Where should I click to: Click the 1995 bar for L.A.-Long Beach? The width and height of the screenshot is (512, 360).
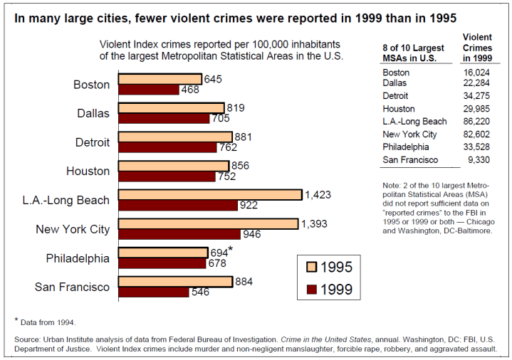210,194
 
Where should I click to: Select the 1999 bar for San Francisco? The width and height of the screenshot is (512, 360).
154,292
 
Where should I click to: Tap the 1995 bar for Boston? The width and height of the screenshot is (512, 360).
160,78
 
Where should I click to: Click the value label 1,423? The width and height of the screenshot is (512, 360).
318,194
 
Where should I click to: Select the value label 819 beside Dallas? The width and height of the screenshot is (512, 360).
236,108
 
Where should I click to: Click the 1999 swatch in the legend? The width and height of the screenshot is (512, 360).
311,290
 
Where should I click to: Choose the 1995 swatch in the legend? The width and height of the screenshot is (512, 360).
311,268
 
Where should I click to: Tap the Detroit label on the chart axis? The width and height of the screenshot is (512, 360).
93,142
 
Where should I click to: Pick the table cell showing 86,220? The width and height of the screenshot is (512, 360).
477,122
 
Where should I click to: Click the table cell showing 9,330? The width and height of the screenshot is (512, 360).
480,160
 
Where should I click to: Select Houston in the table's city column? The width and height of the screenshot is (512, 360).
399,109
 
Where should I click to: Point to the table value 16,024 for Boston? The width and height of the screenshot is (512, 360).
477,73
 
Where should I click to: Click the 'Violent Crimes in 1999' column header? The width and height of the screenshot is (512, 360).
476,47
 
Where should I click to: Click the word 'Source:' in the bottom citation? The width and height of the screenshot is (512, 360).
29,339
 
